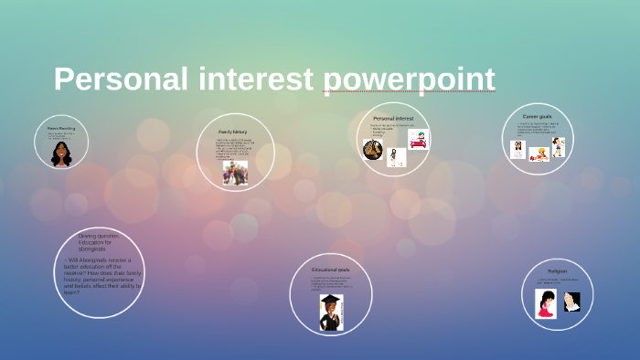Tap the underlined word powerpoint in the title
click(x=409, y=79)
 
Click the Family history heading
click(x=233, y=132)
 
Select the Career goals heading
click(x=537, y=117)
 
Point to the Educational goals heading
click(x=330, y=270)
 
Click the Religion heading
click(x=557, y=271)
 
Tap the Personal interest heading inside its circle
click(x=393, y=119)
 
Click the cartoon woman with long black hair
click(x=61, y=153)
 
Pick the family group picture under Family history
click(x=235, y=173)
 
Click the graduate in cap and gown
click(x=329, y=311)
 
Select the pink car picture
click(x=419, y=140)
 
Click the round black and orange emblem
click(x=372, y=150)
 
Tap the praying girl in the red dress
click(x=546, y=303)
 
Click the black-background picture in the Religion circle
click(x=571, y=302)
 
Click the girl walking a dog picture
click(x=396, y=157)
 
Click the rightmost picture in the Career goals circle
click(x=558, y=146)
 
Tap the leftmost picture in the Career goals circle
click(x=517, y=150)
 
